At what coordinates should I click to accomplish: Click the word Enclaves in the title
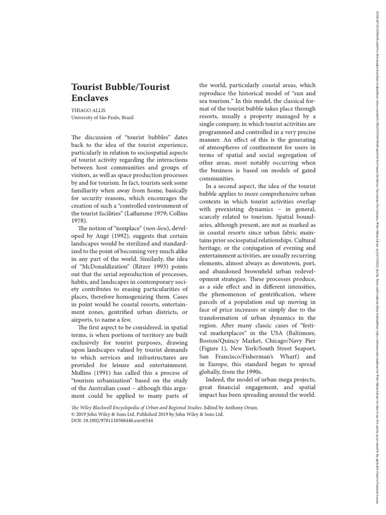[90, 99]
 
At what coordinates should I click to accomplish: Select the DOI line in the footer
[113, 420]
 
